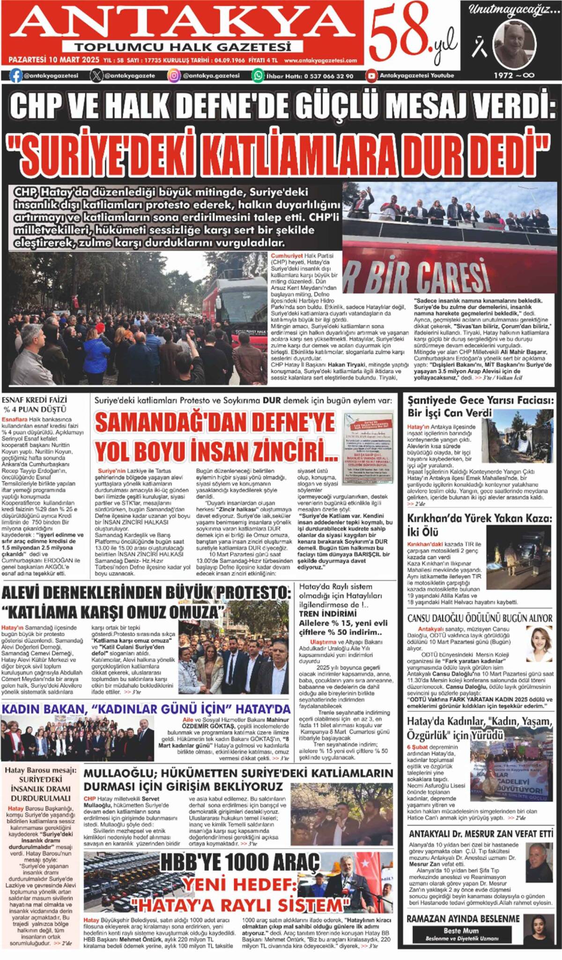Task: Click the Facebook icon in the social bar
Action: [16, 75]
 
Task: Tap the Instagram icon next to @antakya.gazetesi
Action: [174, 75]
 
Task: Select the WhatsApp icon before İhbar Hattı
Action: [258, 75]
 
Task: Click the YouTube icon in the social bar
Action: [371, 75]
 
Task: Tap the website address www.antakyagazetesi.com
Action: [320, 60]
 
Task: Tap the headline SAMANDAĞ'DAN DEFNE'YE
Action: [215, 423]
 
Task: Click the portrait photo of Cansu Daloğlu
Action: [540, 644]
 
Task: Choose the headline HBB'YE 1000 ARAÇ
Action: [240, 863]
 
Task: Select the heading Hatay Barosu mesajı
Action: [40, 770]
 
